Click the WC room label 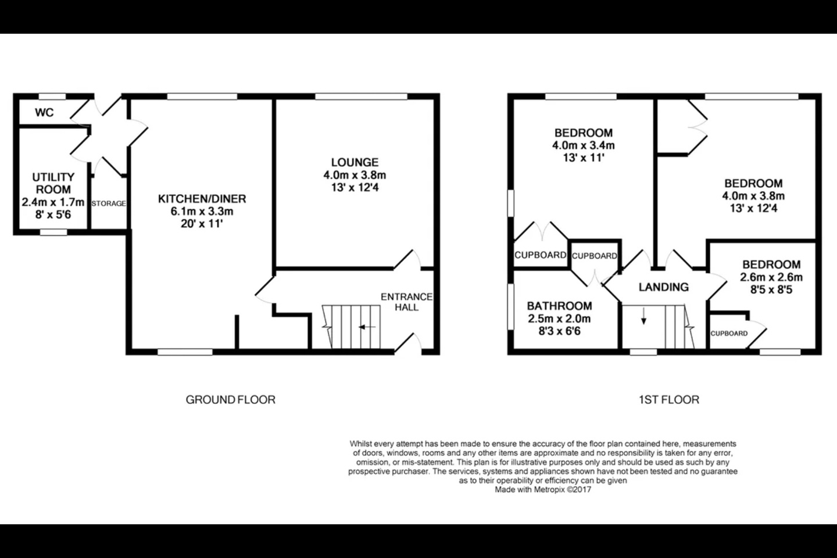point(44,112)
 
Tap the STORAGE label point(109,203)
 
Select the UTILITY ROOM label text point(53,183)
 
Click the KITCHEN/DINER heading point(202,198)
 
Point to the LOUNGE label point(355,162)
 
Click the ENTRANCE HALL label point(406,302)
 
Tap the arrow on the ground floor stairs point(367,327)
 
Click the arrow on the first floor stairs point(643,316)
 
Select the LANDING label point(664,287)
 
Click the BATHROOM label point(559,306)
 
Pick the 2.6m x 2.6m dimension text point(771,277)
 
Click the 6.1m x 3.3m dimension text point(202,211)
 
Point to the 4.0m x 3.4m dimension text point(584,145)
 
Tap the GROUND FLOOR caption point(231,400)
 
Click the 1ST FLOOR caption point(669,400)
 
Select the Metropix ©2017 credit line point(543,489)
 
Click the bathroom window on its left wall point(510,307)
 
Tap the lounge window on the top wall point(361,96)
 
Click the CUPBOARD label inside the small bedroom point(729,334)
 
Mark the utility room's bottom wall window point(53,233)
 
